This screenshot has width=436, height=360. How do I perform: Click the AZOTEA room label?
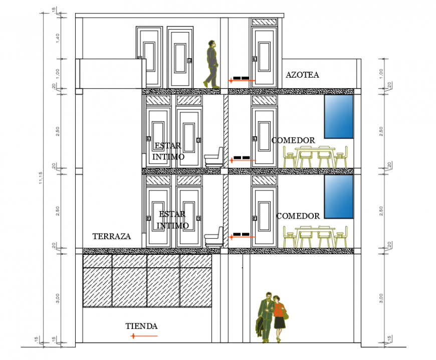[302, 75]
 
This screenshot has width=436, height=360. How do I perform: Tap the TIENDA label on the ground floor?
[141, 326]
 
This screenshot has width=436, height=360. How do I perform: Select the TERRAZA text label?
[111, 236]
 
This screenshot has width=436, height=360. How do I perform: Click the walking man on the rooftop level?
[212, 64]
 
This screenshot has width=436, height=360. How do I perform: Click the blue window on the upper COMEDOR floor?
[339, 116]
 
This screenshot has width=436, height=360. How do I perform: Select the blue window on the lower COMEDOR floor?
[339, 197]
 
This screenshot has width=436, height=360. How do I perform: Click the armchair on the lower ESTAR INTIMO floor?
[214, 237]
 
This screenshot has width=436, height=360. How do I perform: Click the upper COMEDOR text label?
[293, 140]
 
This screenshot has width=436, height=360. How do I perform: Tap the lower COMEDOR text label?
[298, 216]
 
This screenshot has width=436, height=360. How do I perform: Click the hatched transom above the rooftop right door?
[264, 23]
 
